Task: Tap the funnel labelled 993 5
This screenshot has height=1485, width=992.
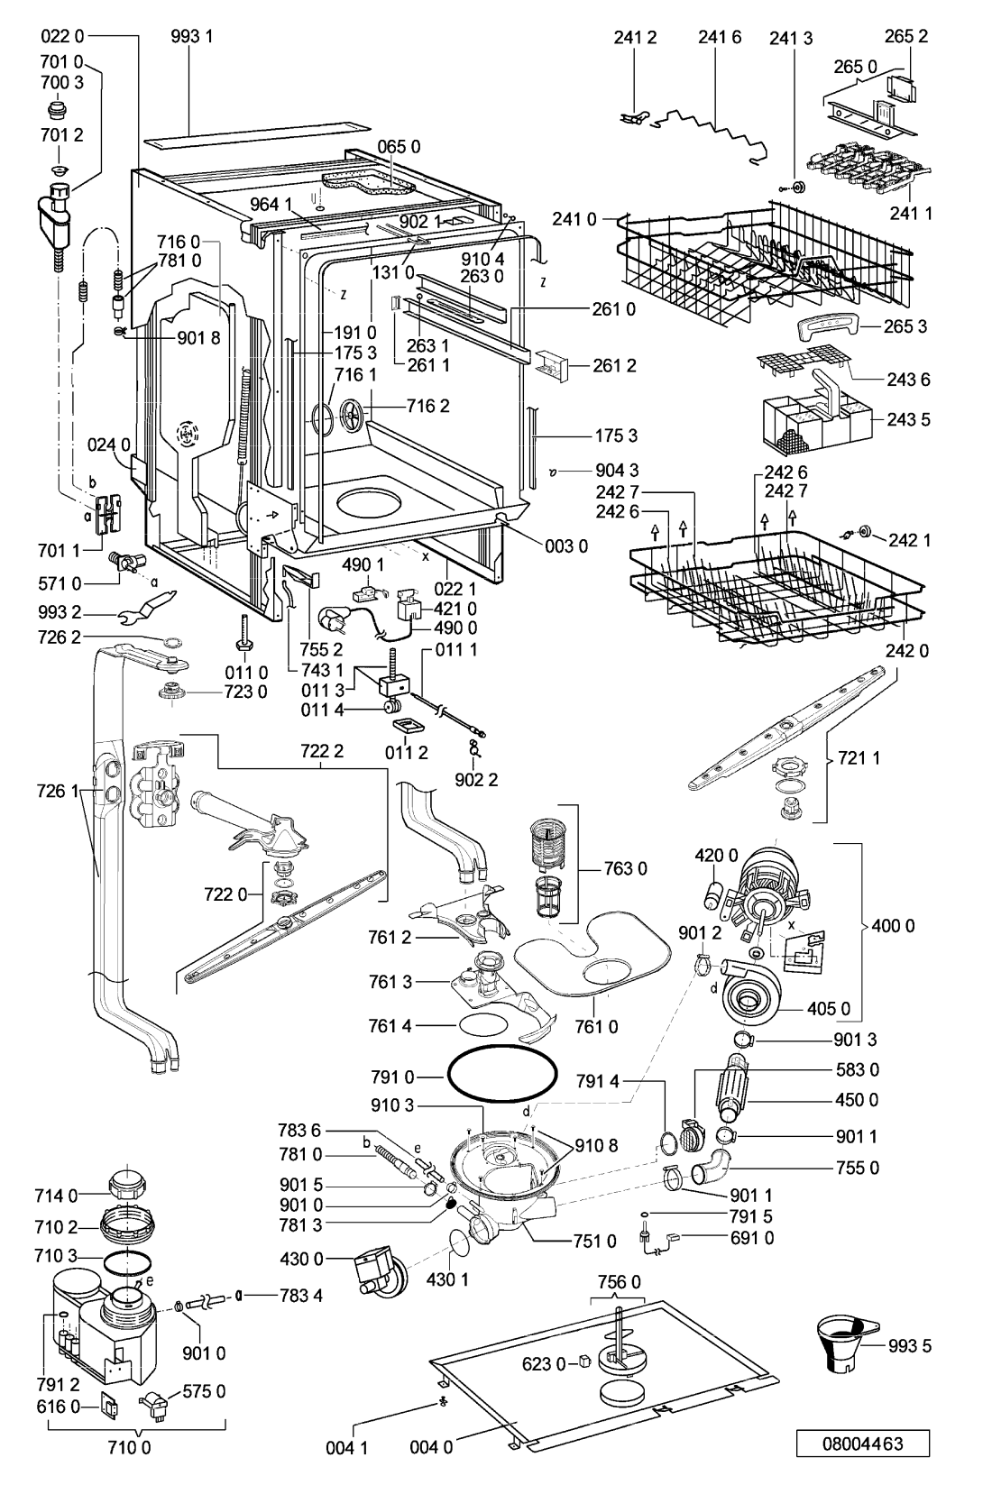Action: click(x=846, y=1343)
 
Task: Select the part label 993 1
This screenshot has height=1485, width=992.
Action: click(x=191, y=36)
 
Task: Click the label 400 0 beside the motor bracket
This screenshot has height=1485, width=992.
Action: click(x=893, y=925)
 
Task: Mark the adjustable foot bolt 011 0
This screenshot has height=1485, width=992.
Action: click(x=244, y=632)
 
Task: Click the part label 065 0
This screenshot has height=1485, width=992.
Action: click(x=399, y=146)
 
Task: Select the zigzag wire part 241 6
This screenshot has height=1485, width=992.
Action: click(x=708, y=134)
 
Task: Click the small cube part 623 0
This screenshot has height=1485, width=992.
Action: click(x=585, y=1361)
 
